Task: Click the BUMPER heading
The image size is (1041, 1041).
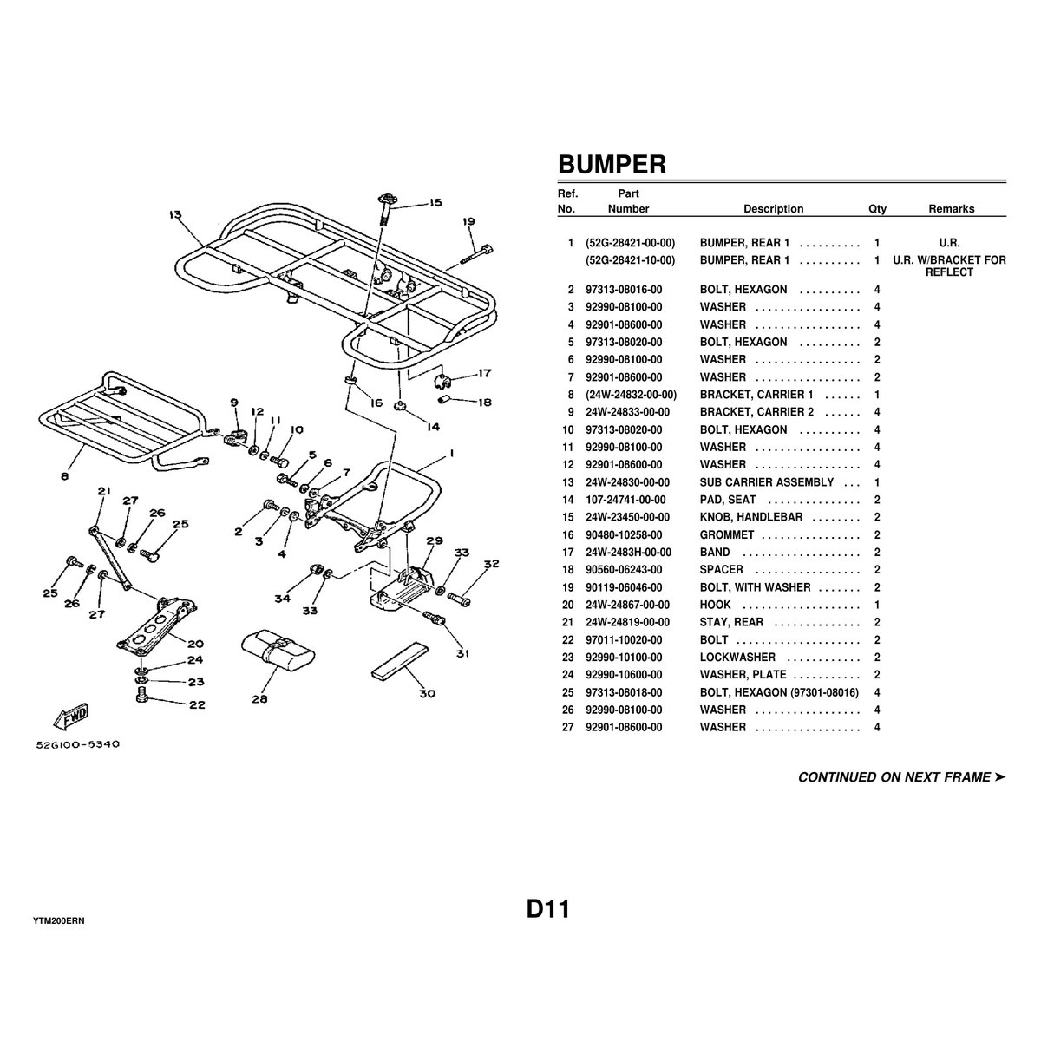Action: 612,164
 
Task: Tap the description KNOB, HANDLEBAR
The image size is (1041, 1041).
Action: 751,517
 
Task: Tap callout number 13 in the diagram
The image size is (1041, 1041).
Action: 176,214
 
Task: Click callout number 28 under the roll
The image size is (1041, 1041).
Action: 259,698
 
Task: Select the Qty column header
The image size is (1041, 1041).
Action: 877,209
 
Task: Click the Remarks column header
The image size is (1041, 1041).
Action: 951,209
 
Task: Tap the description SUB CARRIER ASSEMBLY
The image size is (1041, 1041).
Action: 766,482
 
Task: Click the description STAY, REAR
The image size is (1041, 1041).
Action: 731,622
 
